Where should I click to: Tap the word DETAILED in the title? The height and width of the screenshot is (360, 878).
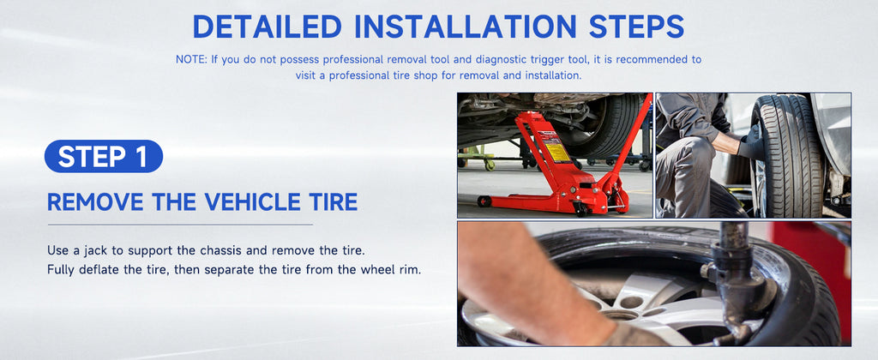coord(268,27)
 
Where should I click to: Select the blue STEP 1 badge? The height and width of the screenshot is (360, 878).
coord(104,156)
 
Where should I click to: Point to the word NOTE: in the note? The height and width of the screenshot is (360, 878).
coord(191,59)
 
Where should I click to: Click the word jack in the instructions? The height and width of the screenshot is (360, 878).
coord(99,249)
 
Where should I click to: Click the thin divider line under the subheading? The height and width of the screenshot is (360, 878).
coord(180,225)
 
